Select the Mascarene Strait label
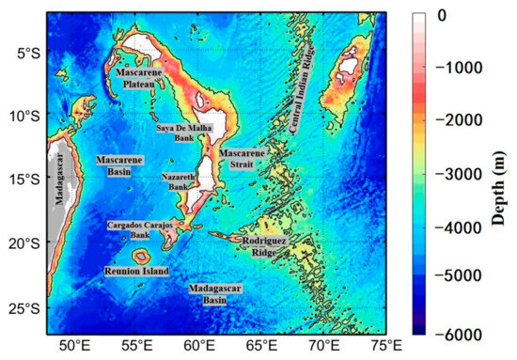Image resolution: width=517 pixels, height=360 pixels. pyautogui.click(x=242, y=157)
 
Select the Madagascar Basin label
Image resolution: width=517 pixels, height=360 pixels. pyautogui.click(x=213, y=293)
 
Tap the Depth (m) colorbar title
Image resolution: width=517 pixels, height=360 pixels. pyautogui.click(x=504, y=174)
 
